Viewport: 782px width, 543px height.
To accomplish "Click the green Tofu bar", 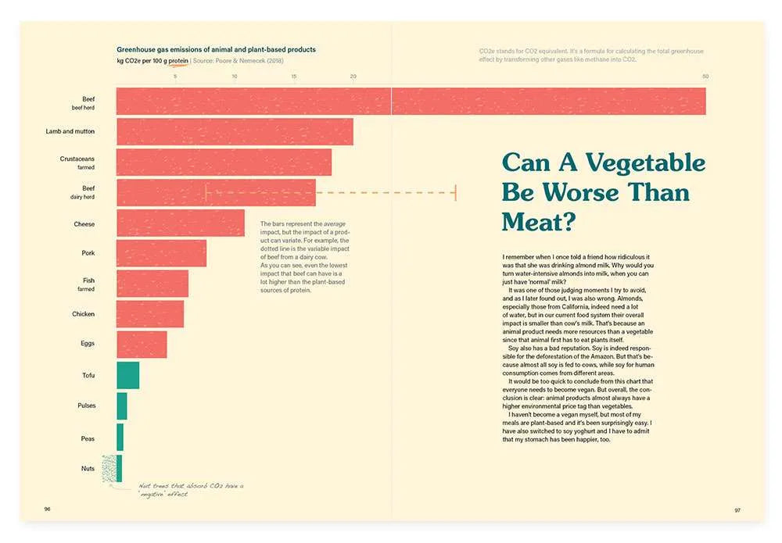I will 127,375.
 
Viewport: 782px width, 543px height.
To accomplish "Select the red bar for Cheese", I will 180,223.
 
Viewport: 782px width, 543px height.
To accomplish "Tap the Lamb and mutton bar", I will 235,131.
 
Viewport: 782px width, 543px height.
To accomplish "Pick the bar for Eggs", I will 142,345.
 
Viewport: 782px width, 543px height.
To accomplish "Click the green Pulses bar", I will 122,405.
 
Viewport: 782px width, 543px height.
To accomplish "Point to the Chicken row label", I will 84,314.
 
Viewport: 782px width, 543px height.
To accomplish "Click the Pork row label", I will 88,253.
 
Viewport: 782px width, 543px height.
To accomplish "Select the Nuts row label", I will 88,468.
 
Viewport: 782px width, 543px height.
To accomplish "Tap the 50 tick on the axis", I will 705,76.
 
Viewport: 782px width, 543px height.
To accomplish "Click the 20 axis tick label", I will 353,76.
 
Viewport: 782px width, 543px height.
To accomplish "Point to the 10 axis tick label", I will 234,76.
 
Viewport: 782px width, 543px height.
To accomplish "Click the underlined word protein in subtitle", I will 178,60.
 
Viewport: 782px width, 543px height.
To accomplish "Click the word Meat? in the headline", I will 539,221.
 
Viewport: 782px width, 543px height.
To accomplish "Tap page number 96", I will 47,509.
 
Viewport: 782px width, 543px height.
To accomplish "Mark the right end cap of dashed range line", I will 455,193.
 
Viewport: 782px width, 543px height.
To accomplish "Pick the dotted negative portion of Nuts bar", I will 109,468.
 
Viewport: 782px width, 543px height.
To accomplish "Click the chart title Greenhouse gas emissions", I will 216,49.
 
